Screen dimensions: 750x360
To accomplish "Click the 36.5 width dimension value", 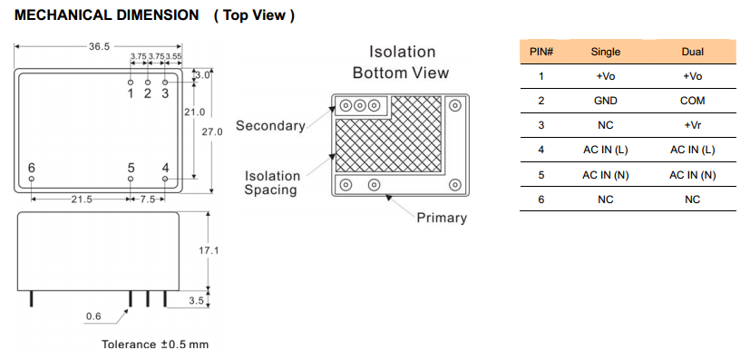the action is click(99, 46).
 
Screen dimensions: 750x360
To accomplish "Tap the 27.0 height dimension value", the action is click(211, 132).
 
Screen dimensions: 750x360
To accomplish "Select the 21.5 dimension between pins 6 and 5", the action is click(82, 199).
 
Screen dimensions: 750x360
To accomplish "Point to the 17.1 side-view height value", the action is click(209, 250).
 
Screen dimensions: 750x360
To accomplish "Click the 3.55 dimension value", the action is click(173, 56).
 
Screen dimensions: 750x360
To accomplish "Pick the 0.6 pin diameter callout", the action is click(93, 316).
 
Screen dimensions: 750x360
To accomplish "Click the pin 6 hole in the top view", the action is click(32, 179).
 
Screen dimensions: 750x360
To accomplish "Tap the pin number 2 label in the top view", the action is click(147, 93).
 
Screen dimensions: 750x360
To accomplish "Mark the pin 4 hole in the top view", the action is click(165, 179).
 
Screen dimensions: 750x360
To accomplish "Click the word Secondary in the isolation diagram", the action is click(270, 126).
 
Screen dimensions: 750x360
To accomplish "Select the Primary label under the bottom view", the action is click(442, 218).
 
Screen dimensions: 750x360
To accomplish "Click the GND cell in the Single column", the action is click(606, 101).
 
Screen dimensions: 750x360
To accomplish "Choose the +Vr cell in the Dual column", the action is click(693, 125).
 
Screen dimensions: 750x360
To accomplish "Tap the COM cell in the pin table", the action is click(693, 101).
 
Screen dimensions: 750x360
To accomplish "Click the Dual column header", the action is click(693, 52).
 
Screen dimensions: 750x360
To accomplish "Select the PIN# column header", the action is click(541, 52).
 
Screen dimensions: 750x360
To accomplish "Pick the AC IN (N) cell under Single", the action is click(606, 175).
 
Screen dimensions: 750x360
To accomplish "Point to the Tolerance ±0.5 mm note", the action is click(155, 345).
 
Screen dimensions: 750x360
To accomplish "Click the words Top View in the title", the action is click(255, 15).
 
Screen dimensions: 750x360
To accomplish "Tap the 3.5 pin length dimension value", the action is click(197, 301).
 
